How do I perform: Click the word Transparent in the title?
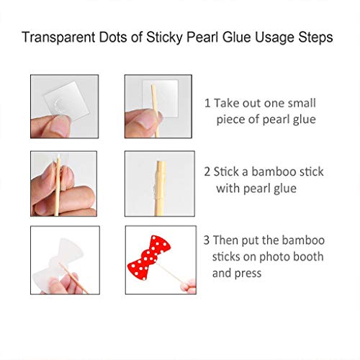tap(59, 37)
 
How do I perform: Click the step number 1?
tap(207, 103)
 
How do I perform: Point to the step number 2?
tap(207, 172)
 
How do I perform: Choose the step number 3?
tap(207, 240)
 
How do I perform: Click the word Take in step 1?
tap(227, 103)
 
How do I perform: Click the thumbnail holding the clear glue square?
tap(64, 107)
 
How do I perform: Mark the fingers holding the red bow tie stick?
tap(189, 287)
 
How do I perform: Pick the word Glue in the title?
tap(237, 37)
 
